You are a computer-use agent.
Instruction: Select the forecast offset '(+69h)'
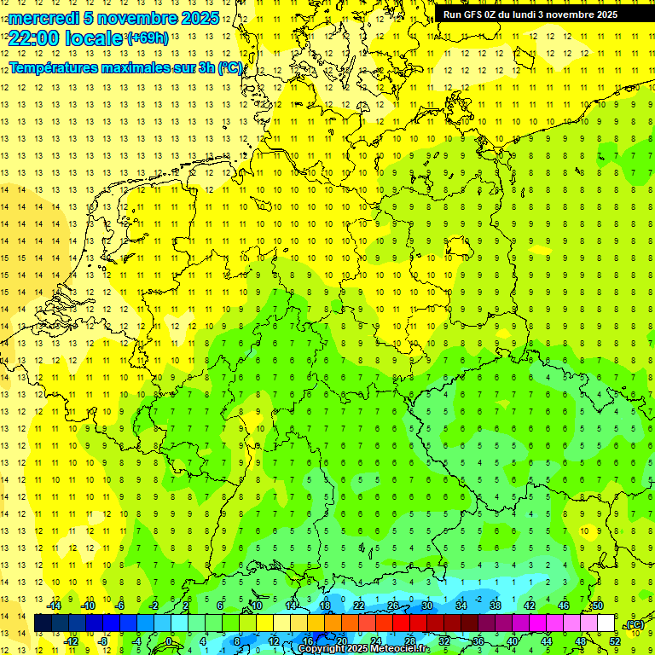(148, 38)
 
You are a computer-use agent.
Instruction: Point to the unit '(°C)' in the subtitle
(229, 68)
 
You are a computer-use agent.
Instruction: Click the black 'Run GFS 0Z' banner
(542, 14)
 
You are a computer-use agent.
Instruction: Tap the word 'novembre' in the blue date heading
(136, 18)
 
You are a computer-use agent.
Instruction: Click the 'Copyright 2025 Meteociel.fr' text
(363, 648)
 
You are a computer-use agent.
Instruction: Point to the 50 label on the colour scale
(597, 606)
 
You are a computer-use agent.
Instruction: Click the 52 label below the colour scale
(615, 641)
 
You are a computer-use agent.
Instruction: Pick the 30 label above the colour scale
(426, 606)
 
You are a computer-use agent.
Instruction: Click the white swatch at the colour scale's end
(606, 623)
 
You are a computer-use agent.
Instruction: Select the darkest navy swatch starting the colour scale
(43, 623)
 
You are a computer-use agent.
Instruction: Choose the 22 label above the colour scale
(358, 606)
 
